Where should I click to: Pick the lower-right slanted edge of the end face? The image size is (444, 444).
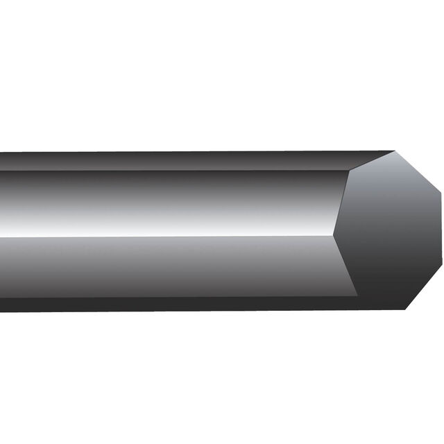coord(423,289)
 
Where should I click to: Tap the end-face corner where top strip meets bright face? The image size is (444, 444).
coord(348,170)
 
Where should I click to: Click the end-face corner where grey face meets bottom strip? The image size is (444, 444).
coord(358,296)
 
